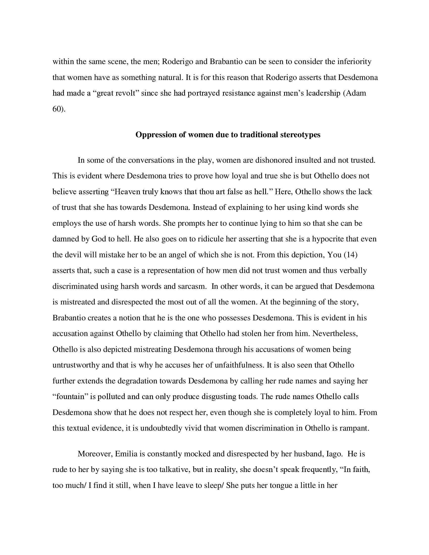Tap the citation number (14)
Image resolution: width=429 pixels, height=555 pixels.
click(x=351, y=255)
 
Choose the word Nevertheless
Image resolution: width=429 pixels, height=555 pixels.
click(x=335, y=334)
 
